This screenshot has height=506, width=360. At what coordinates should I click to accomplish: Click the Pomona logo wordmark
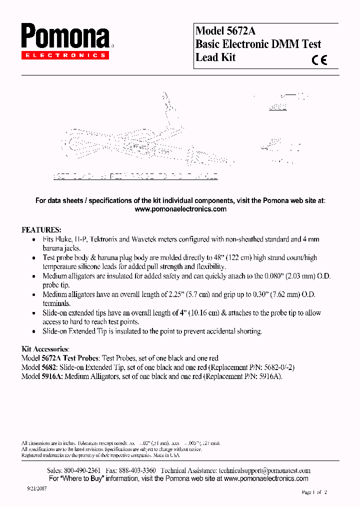[65, 37]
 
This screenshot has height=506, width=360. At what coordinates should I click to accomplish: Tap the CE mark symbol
[319, 60]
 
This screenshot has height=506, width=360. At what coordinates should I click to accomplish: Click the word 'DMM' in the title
[285, 44]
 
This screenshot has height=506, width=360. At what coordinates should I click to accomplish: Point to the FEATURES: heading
[41, 230]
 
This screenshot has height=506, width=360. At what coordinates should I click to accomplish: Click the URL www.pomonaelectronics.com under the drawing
[180, 209]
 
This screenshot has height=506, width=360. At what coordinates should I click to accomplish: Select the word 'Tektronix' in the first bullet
[103, 239]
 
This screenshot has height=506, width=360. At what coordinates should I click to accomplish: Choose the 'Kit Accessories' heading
[45, 349]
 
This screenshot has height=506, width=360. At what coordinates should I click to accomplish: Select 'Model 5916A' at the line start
[42, 376]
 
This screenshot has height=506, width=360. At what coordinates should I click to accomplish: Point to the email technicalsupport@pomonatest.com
[264, 470]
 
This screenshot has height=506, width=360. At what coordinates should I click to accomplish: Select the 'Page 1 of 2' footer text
[314, 492]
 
